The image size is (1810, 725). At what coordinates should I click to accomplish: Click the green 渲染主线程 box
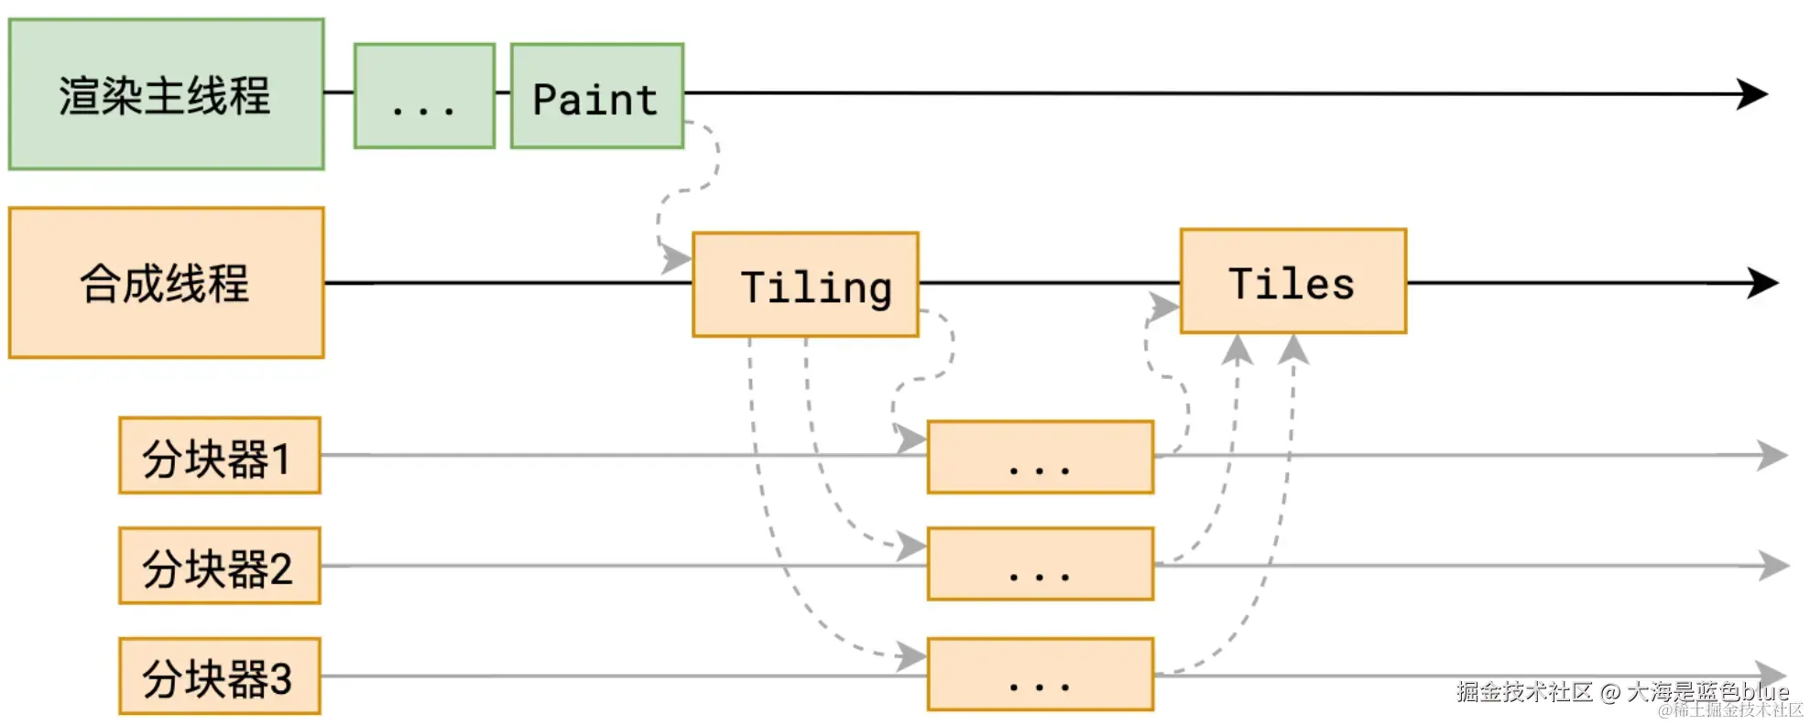[166, 94]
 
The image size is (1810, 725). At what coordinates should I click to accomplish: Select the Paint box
[596, 96]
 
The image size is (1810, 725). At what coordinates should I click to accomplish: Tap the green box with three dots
[424, 96]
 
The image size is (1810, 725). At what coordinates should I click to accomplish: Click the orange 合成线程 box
[166, 283]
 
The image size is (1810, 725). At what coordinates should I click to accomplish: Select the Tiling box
[805, 285]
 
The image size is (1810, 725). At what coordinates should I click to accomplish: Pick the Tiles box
[1292, 281]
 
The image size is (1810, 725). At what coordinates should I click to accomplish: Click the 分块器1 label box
[219, 456]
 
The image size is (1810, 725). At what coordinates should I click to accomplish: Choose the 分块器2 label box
[219, 566]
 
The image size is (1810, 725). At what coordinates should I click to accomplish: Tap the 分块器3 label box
[219, 676]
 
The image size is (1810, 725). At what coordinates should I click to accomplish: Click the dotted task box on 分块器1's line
[1040, 457]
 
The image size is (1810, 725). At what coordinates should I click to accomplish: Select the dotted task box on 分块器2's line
[1040, 564]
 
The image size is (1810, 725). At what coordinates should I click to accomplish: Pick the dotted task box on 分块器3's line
[1040, 675]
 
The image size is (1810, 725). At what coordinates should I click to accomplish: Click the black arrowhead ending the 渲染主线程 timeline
[1753, 94]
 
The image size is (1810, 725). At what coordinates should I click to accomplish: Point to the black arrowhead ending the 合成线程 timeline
[1762, 283]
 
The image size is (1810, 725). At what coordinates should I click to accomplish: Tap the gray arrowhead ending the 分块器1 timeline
[1772, 455]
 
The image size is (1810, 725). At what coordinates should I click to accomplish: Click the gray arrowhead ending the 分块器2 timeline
[1774, 566]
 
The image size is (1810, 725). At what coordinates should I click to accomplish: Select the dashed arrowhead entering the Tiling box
[677, 259]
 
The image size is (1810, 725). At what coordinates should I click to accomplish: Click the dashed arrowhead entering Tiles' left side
[1164, 307]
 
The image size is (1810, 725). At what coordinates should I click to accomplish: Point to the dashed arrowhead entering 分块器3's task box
[911, 655]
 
